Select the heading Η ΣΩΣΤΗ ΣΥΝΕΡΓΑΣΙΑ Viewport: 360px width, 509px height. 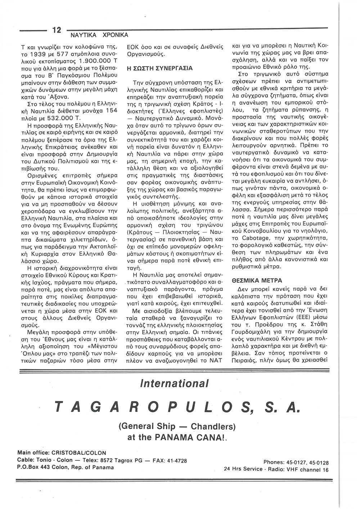(160, 68)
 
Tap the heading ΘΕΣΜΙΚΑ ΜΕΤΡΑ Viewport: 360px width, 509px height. (256, 280)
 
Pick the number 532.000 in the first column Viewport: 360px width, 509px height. (62, 118)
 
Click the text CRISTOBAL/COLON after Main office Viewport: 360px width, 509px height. (79, 452)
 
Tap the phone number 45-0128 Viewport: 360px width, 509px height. (318, 463)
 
